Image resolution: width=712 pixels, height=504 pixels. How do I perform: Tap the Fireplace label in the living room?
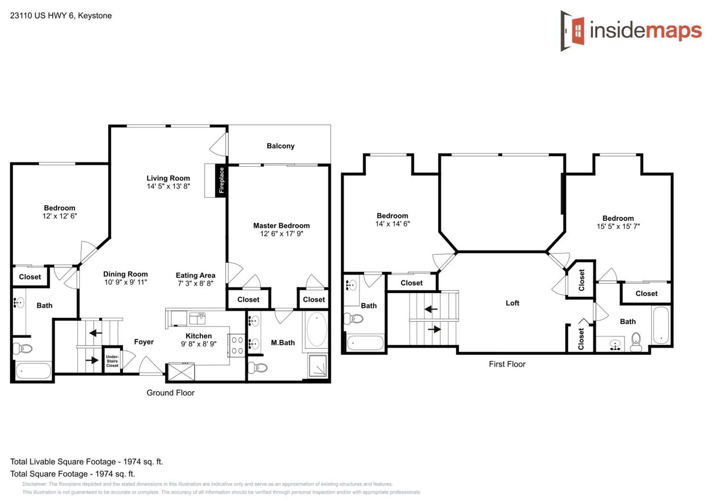221,180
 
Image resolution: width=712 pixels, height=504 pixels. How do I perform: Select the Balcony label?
280,146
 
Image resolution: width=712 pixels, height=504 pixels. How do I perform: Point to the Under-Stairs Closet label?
112,361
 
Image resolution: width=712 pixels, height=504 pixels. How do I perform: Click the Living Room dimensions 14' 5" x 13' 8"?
168,186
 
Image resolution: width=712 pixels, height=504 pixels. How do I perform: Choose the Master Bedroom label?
281,226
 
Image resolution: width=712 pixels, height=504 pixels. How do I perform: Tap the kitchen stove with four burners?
237,345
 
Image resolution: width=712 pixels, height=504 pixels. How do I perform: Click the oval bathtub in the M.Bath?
317,329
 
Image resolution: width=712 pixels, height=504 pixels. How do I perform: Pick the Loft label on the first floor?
512,303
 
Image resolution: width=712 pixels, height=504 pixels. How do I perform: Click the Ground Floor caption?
171,393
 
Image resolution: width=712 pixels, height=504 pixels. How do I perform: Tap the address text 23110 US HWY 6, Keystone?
61,15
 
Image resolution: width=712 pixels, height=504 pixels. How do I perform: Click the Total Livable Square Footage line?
87,462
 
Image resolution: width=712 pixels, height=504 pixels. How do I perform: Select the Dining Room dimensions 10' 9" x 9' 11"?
126,282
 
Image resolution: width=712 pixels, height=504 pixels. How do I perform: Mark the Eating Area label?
195,275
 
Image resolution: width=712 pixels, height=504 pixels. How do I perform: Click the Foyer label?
144,342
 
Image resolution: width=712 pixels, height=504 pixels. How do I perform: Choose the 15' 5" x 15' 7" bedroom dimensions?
618,227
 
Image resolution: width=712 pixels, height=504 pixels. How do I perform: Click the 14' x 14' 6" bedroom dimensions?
393,224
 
